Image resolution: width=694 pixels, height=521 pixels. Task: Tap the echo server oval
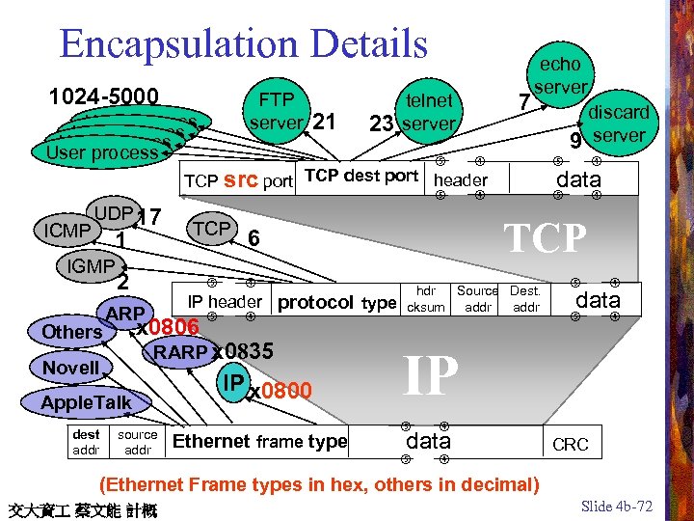[x=559, y=75]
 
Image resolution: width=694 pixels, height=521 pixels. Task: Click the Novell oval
[x=71, y=368]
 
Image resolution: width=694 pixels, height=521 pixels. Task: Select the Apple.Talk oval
[x=86, y=401]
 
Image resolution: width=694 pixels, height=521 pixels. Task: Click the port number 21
[x=325, y=123]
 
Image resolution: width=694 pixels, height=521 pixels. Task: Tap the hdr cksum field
[x=426, y=299]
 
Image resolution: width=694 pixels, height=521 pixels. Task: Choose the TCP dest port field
[x=361, y=176]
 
